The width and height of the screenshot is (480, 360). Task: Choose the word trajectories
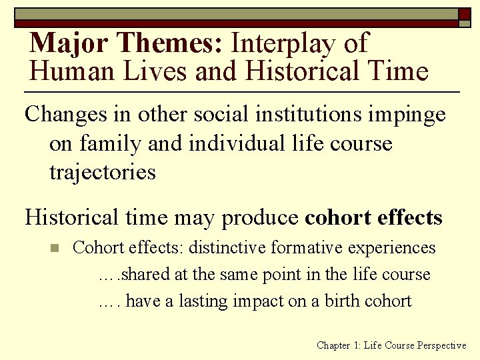(102, 173)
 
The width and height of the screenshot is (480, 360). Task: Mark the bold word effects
(409, 217)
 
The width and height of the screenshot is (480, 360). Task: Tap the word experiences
(389, 249)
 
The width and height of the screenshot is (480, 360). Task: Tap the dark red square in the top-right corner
(464, 13)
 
